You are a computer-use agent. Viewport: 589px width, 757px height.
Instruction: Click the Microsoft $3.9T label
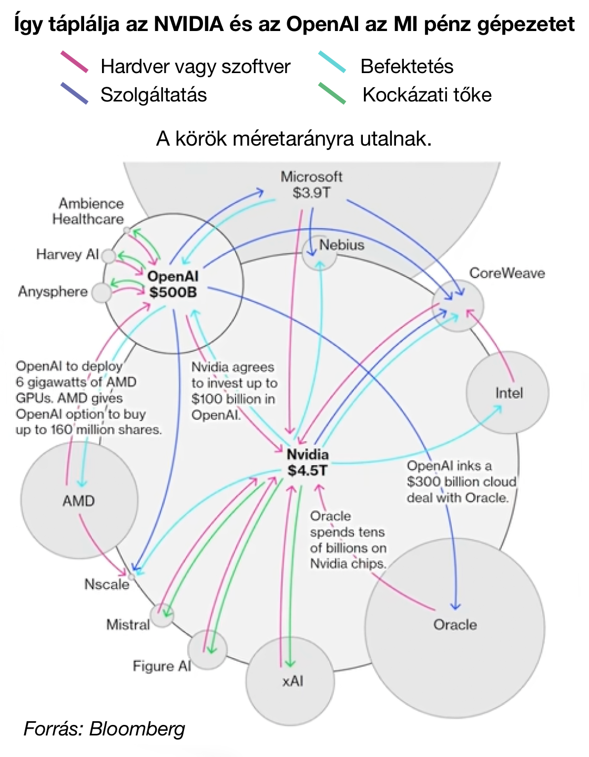coord(311,185)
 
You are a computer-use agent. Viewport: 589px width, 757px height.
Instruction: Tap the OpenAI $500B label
coord(172,284)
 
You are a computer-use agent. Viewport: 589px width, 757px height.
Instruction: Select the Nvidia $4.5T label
coord(308,463)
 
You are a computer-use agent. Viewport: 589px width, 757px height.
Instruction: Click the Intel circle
coord(508,393)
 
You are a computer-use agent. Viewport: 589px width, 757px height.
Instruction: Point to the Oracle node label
coord(455,625)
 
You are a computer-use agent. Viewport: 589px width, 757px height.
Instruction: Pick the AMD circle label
coord(78,500)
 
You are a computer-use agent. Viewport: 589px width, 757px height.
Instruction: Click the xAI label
coord(292,681)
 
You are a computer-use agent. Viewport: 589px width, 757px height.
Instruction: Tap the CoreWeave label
coord(506,273)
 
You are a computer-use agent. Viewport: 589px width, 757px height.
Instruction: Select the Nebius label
coord(342,245)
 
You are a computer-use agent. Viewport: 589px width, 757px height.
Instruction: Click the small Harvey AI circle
coord(108,257)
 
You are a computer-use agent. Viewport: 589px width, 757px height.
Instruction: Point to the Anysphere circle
coord(101,293)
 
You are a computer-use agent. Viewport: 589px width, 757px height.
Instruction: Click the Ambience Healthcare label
coord(88,211)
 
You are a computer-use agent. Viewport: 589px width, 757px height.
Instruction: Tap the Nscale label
coord(107,585)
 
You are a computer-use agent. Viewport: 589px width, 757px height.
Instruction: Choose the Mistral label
coord(128,625)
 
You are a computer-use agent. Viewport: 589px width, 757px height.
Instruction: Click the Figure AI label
coord(161,666)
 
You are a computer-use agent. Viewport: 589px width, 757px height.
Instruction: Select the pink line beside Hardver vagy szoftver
coord(74,62)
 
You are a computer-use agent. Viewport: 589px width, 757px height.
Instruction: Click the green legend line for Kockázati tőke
coord(332,93)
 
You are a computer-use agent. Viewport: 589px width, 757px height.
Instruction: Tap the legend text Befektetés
coord(407,67)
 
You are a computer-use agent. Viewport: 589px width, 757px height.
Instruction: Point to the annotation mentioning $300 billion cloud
coord(461,482)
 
